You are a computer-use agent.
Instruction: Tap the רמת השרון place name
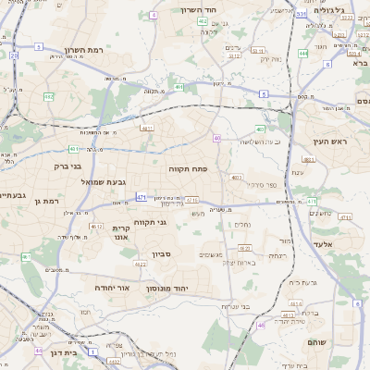pyautogui.click(x=89, y=50)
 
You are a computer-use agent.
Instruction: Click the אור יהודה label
pyautogui.click(x=111, y=288)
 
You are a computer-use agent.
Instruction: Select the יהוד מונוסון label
pyautogui.click(x=191, y=289)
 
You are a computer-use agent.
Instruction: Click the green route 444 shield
pyautogui.click(x=303, y=54)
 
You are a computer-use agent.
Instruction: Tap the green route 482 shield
pyautogui.click(x=49, y=96)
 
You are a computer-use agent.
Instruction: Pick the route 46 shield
pyautogui.click(x=262, y=325)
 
